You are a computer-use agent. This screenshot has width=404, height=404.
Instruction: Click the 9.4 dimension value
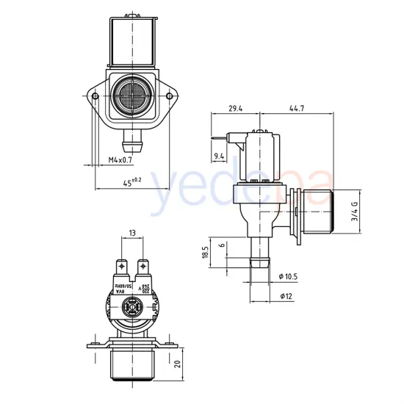[219, 156]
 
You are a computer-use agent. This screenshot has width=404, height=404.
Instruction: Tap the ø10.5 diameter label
[289, 277]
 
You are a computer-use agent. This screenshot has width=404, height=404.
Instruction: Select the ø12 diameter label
[286, 296]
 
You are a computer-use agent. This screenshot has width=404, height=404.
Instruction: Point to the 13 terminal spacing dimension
[132, 233]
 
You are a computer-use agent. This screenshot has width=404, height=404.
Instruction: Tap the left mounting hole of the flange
[95, 95]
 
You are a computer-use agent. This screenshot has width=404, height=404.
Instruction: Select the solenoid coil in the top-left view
[132, 40]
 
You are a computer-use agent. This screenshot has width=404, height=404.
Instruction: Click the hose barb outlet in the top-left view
[132, 135]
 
